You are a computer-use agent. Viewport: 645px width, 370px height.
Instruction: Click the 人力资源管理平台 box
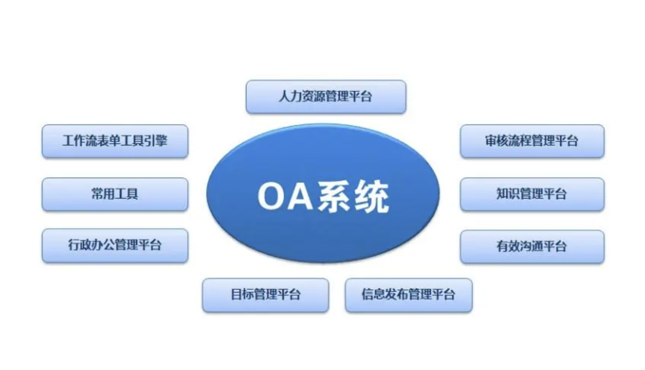(x=326, y=97)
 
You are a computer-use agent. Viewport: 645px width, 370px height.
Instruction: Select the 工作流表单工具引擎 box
(x=115, y=141)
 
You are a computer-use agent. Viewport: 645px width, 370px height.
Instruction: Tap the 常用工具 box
(x=115, y=194)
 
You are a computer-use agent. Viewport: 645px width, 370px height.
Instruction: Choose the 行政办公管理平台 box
(x=115, y=245)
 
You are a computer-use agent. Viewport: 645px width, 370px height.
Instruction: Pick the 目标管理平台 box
(x=265, y=295)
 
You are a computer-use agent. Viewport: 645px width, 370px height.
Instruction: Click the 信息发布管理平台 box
(x=408, y=295)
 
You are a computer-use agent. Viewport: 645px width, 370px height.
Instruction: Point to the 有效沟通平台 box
(x=532, y=246)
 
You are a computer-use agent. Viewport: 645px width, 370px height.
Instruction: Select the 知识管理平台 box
(x=532, y=194)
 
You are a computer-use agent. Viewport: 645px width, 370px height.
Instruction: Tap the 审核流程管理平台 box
(x=532, y=141)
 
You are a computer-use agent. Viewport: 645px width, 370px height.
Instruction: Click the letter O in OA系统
(x=271, y=196)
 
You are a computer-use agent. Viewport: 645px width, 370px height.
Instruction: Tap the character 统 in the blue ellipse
(x=371, y=196)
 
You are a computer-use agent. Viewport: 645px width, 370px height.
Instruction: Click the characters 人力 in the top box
(x=290, y=96)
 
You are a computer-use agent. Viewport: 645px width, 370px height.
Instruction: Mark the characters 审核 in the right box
(x=497, y=141)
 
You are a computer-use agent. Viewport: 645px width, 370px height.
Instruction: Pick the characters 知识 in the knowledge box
(x=508, y=194)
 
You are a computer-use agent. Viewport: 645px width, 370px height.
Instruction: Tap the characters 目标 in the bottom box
(x=242, y=295)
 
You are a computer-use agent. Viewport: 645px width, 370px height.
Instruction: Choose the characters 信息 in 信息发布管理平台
(x=373, y=295)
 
